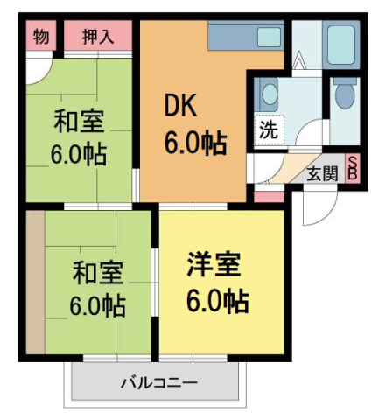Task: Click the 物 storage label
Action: tap(40, 37)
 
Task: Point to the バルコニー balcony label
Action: tap(158, 383)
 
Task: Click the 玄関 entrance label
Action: tap(321, 173)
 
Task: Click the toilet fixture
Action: tap(345, 94)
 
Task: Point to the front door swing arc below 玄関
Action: tap(319, 206)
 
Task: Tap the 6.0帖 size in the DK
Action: tap(196, 142)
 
